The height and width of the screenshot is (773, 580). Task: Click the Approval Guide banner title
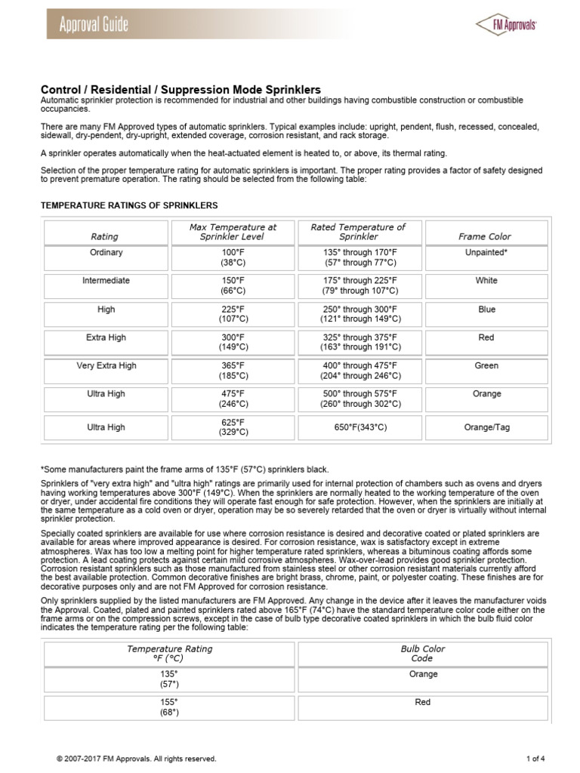point(94,25)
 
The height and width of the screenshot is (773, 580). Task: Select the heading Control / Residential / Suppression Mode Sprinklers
point(180,90)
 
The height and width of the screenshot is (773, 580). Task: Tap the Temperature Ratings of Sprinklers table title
point(128,205)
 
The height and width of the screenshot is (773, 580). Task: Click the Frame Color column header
point(486,236)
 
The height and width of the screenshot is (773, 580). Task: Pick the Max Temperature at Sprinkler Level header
point(233,231)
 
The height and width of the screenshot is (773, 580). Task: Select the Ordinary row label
point(106,253)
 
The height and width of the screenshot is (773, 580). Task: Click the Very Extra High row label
point(106,365)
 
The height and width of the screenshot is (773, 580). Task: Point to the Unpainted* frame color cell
point(486,253)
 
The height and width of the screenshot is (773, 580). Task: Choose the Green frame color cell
point(486,365)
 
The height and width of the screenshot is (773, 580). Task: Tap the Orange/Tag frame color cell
point(486,427)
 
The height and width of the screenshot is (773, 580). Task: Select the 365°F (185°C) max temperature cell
point(233,370)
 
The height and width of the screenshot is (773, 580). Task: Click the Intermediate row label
point(106,281)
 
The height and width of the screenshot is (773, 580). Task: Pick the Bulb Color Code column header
point(423,653)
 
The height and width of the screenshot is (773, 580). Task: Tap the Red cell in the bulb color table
point(423,702)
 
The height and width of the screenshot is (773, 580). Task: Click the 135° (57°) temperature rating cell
point(169,679)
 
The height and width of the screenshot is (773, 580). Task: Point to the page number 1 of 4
point(535,759)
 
